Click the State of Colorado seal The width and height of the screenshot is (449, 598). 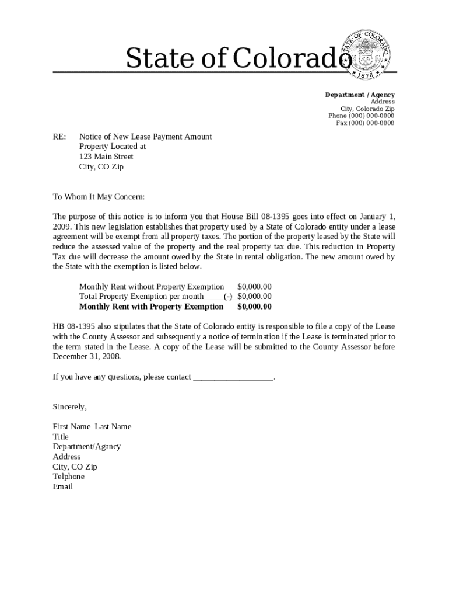368,52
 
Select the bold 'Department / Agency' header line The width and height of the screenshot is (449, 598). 359,95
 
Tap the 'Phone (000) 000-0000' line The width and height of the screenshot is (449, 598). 361,116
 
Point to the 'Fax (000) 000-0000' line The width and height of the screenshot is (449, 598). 365,123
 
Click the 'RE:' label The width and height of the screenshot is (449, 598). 59,137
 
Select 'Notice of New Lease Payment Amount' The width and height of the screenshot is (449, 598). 145,137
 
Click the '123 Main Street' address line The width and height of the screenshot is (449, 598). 106,157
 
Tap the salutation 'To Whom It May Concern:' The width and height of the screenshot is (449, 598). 99,197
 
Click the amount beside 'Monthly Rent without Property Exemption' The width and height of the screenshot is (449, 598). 254,287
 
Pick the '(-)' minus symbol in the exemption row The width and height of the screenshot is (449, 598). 229,297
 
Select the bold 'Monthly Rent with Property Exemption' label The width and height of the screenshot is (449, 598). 151,307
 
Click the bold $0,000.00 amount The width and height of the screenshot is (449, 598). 254,307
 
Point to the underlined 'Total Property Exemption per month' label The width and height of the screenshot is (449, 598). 141,297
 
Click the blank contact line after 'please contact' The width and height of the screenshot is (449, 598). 233,377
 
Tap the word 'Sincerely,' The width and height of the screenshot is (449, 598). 69,406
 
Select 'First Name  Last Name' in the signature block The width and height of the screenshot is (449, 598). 92,426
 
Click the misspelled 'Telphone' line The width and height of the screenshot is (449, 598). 68,477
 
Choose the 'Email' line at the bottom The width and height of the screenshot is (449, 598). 62,486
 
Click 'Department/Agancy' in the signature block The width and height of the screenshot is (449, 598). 86,446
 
